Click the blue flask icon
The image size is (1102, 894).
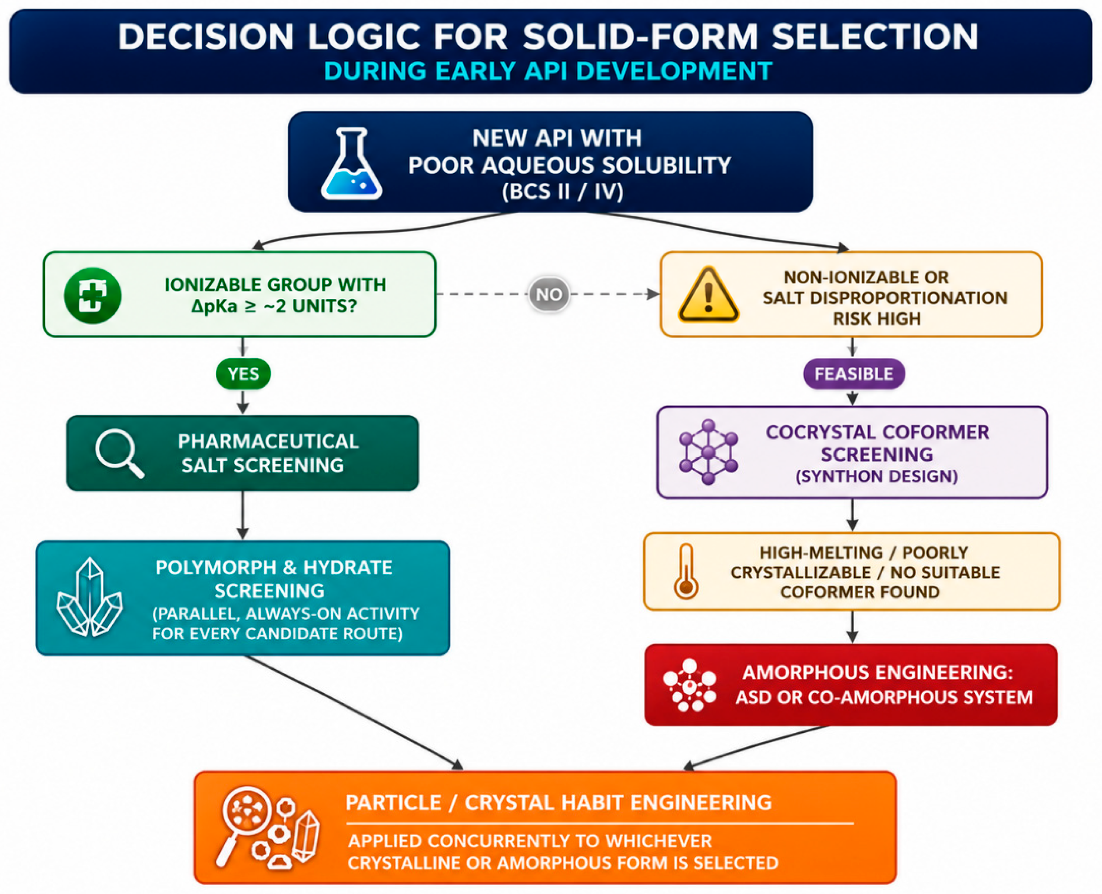(352, 163)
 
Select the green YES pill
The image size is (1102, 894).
(243, 373)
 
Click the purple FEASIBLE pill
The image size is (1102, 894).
(854, 373)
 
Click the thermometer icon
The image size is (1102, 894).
(685, 572)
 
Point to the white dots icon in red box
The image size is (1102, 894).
(690, 685)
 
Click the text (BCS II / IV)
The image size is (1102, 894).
(563, 191)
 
